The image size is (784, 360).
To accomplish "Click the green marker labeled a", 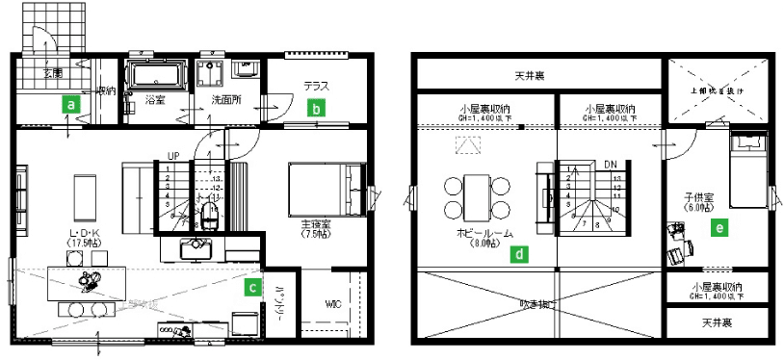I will click(x=70, y=100).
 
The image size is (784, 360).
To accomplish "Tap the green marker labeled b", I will click(x=314, y=109).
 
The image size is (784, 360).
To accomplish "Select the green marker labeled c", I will click(x=252, y=285).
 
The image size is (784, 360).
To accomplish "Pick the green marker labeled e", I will click(x=718, y=228).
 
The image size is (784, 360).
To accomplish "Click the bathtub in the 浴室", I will click(x=157, y=75).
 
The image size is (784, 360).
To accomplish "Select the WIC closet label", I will click(x=333, y=304).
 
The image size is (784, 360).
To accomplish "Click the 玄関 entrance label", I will click(x=51, y=73).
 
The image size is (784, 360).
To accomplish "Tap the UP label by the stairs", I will click(x=173, y=155).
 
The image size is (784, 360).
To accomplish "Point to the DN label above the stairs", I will click(x=610, y=165).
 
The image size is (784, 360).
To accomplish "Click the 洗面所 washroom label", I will click(x=223, y=99).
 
